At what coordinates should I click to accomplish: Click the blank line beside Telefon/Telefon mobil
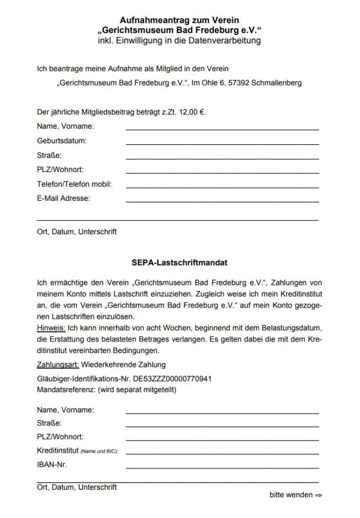click(222, 187)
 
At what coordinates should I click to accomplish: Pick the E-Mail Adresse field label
click(63, 198)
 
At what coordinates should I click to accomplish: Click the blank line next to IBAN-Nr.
click(222, 467)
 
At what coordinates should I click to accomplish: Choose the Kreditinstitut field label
click(58, 450)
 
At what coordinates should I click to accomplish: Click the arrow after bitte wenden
click(318, 495)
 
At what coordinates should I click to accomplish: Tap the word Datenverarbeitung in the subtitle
click(221, 40)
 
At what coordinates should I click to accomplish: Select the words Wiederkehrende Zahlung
click(124, 364)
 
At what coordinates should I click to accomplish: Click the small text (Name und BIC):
click(103, 451)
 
